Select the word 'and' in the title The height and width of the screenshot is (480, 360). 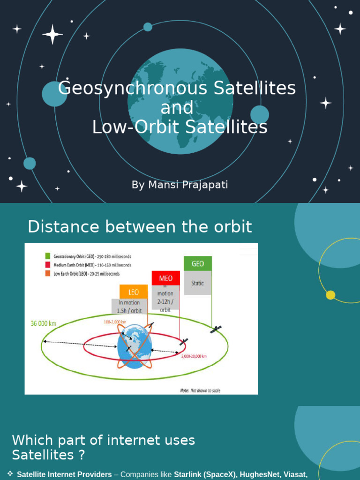[x=177, y=108]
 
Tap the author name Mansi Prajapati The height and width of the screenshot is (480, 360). [x=180, y=185]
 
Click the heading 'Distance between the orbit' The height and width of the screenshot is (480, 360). [x=140, y=227]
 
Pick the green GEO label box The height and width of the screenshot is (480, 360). [x=198, y=263]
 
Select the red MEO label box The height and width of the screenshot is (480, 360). [x=166, y=278]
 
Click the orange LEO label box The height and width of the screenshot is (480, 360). [x=134, y=292]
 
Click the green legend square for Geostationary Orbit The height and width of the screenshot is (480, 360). [x=48, y=256]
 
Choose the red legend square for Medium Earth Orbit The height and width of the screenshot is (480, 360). [x=48, y=265]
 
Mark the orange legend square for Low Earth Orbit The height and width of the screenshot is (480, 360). [x=48, y=273]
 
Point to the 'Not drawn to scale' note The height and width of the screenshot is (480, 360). [x=200, y=390]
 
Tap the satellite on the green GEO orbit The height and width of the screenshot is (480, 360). [x=216, y=329]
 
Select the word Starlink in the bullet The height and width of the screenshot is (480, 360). [x=189, y=475]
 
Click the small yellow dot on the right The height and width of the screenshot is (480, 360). [x=330, y=295]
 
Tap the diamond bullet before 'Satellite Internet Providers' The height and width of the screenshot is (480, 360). [x=10, y=474]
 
